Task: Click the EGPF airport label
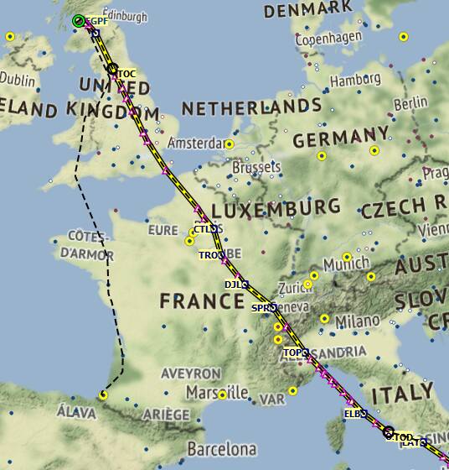point(96,22)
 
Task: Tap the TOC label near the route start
point(126,73)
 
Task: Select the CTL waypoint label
point(202,229)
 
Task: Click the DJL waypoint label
point(232,285)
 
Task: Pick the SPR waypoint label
point(261,308)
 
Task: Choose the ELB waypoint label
point(352,414)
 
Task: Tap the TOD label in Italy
point(403,436)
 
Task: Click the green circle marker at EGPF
point(78,21)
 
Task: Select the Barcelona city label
point(221,448)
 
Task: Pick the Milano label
point(357,321)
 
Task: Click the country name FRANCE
point(201,300)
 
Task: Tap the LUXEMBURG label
point(276,207)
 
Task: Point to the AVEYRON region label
point(192,373)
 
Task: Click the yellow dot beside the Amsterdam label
point(230,144)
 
